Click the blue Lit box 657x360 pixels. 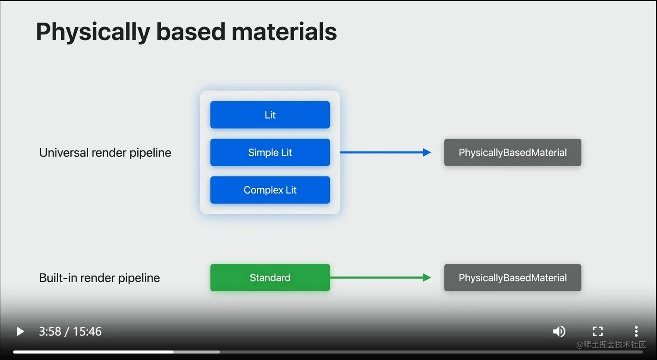click(x=270, y=115)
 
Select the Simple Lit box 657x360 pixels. click(x=270, y=153)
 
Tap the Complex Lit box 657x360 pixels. click(x=270, y=190)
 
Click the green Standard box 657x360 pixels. click(x=270, y=278)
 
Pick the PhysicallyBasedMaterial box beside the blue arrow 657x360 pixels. click(x=512, y=153)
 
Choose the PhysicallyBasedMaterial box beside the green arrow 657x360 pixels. click(x=512, y=278)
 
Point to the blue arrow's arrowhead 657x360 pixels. click(x=427, y=153)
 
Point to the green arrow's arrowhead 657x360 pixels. click(x=427, y=278)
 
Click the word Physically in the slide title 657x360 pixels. click(x=93, y=32)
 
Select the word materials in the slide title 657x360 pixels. click(x=284, y=32)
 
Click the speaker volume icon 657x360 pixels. click(x=559, y=331)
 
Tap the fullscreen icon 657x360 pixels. click(x=598, y=331)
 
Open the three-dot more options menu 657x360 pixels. click(x=636, y=331)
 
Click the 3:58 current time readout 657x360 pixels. click(x=50, y=332)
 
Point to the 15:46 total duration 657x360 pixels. click(x=87, y=332)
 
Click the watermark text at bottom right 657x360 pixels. click(x=611, y=345)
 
